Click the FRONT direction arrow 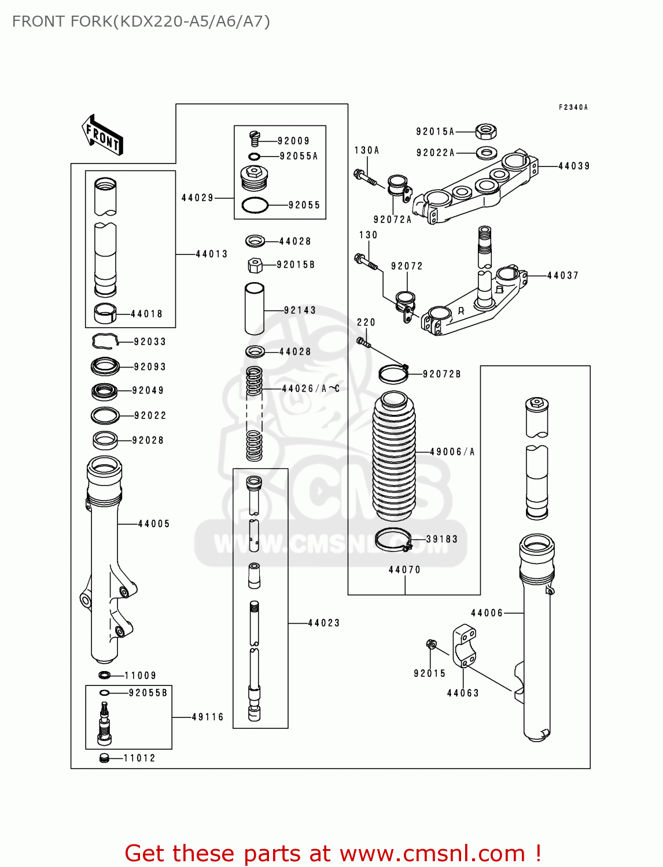tap(102, 135)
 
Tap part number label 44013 tap(212, 254)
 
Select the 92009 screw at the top tap(255, 138)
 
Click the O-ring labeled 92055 tap(255, 205)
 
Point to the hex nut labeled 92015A tap(486, 132)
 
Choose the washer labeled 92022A tap(487, 153)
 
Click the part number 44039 tap(574, 166)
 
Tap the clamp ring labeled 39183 tap(393, 540)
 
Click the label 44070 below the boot tap(404, 570)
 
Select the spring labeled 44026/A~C tap(255, 413)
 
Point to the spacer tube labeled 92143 tap(255, 309)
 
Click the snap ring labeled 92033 tap(105, 342)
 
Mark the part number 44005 tap(154, 524)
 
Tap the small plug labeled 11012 tap(105, 758)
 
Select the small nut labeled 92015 tap(431, 644)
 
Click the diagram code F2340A tap(573, 108)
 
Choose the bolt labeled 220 tap(363, 343)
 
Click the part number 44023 tap(323, 623)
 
